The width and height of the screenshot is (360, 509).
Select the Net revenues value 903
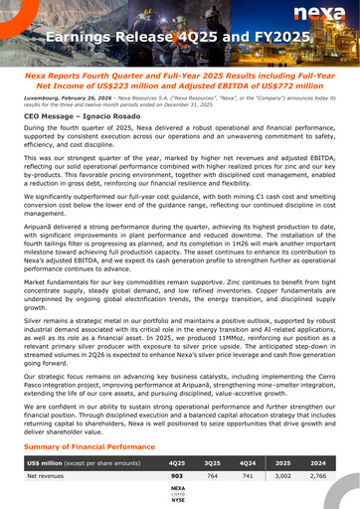click(178, 478)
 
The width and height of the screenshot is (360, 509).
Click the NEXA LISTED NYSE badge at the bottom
click(178, 494)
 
